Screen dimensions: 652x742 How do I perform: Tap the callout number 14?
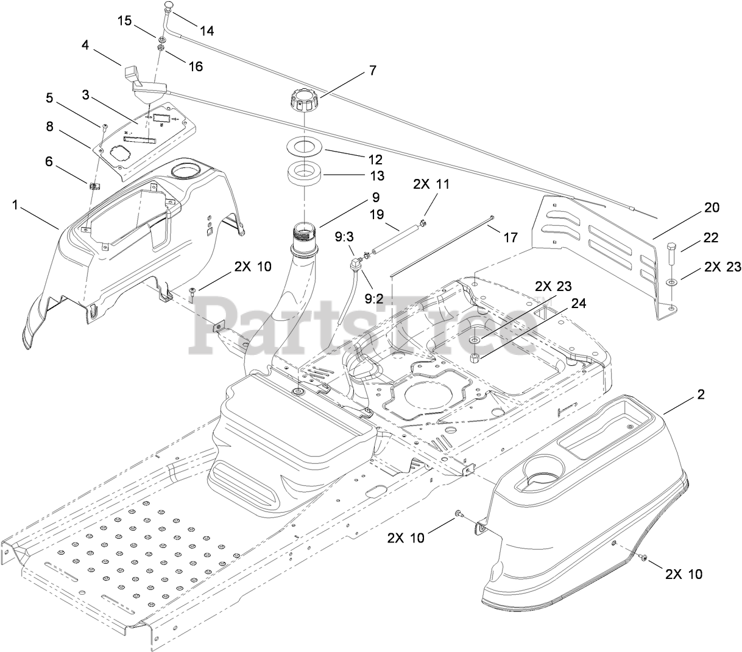(x=207, y=30)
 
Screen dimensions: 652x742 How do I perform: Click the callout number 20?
(x=712, y=208)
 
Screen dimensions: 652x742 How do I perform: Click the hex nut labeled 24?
(x=477, y=355)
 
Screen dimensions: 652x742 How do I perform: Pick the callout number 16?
(x=196, y=66)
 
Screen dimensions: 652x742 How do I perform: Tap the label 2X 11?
(x=431, y=184)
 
